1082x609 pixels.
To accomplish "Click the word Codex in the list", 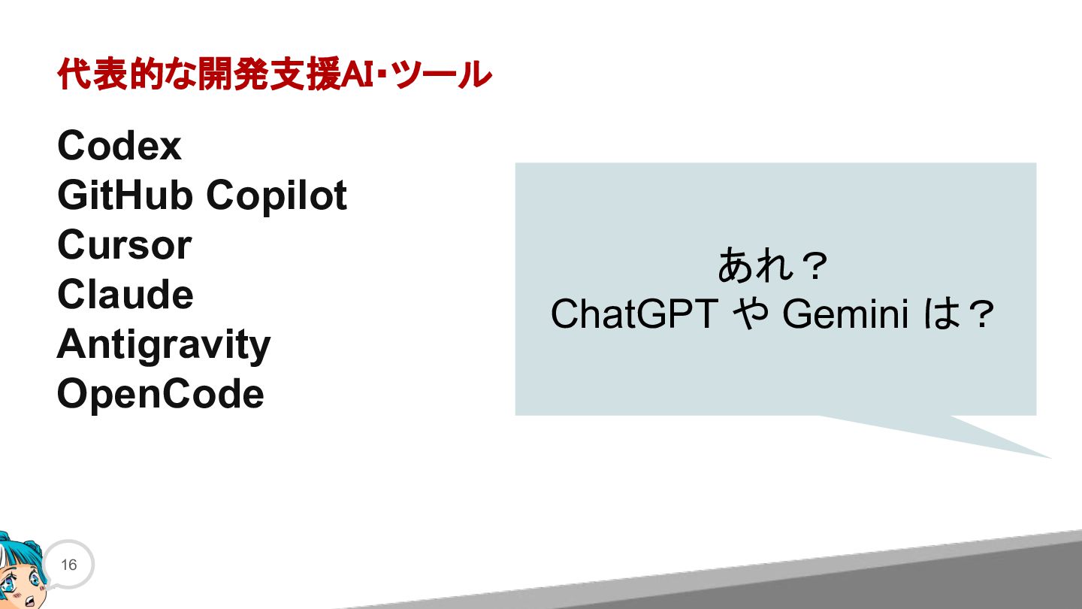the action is [x=119, y=146].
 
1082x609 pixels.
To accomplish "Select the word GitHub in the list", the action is [x=125, y=195].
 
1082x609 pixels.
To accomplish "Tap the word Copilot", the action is [x=277, y=196].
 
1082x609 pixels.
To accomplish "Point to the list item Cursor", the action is [x=125, y=245].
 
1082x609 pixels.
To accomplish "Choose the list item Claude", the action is [x=125, y=295].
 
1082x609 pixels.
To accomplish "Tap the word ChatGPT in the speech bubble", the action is [x=635, y=314].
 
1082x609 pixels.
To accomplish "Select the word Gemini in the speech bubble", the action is [x=845, y=314].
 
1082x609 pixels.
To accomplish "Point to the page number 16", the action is [x=68, y=565].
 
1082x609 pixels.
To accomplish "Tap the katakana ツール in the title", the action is [x=443, y=75].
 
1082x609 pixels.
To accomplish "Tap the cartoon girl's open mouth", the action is [x=30, y=601].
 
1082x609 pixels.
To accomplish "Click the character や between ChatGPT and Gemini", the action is [x=750, y=314].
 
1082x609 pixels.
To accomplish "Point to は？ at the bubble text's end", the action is [x=958, y=314].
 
